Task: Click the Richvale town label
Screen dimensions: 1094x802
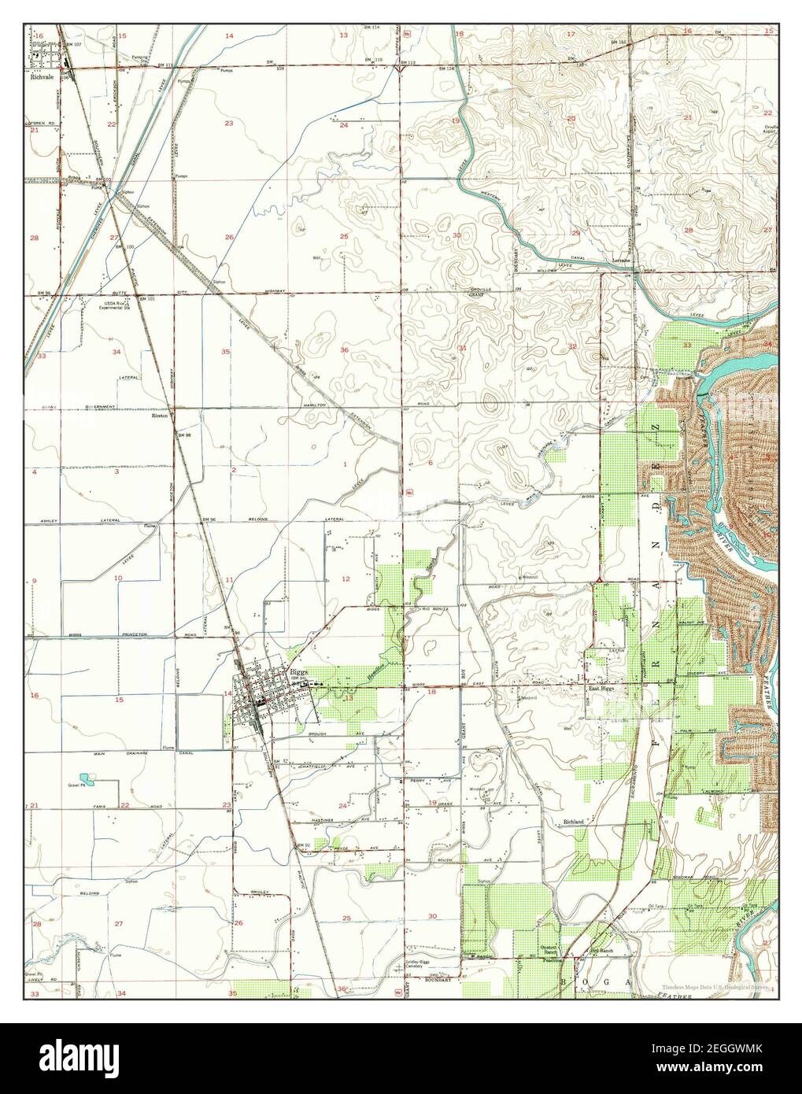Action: tap(37, 79)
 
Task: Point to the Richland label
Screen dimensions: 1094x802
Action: tap(573, 822)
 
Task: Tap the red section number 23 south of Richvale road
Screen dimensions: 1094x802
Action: tap(228, 124)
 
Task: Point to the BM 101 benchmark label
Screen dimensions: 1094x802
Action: tap(146, 299)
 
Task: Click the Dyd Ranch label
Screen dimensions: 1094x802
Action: tap(602, 951)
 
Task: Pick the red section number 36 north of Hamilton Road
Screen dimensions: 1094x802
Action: tap(344, 349)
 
